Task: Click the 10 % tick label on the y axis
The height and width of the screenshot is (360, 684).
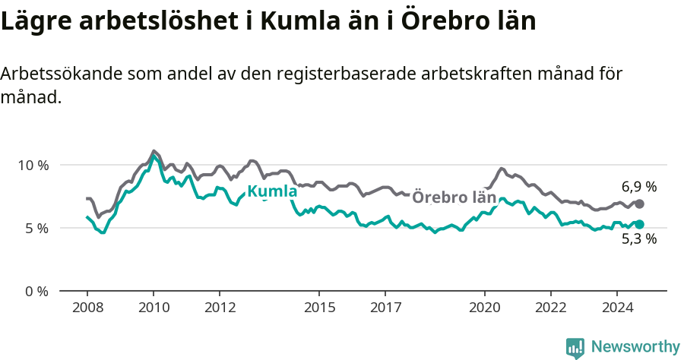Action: pos(32,165)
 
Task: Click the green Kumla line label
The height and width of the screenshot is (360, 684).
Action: pos(272,191)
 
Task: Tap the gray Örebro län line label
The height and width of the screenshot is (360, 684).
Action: pos(454,197)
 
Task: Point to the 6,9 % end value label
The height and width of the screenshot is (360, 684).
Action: pos(638,187)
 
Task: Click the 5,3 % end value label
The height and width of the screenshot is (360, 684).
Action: pos(638,238)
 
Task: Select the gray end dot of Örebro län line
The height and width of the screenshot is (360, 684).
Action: pos(639,204)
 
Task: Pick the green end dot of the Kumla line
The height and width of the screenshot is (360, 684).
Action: pos(639,224)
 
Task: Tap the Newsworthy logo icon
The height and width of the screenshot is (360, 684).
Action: pos(575,347)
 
